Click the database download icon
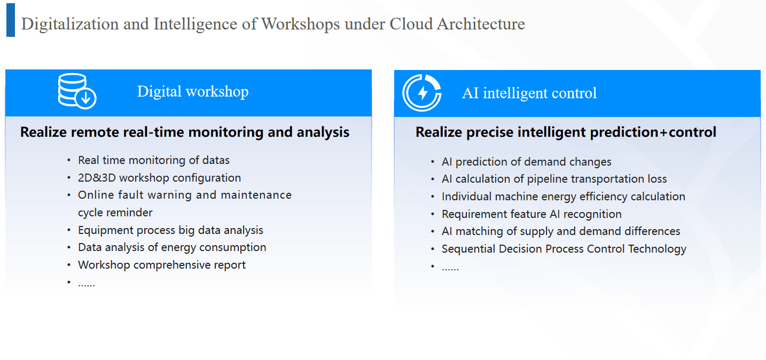click(x=77, y=91)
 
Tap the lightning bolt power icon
click(x=422, y=92)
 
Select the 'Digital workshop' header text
click(x=193, y=92)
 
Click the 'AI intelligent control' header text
click(x=529, y=93)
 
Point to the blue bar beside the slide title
click(x=11, y=20)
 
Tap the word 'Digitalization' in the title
click(x=70, y=24)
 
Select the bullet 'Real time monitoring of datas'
click(x=153, y=160)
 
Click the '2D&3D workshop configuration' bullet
click(x=159, y=178)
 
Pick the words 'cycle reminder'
click(x=115, y=213)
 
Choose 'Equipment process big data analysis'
click(x=170, y=230)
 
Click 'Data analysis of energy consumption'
click(x=172, y=247)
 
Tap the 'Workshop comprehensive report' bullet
click(x=162, y=265)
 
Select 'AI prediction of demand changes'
click(x=526, y=162)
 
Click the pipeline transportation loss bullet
click(x=554, y=179)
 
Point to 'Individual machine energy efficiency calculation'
click(x=564, y=197)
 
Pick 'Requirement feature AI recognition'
click(x=531, y=214)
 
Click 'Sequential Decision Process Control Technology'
click(x=564, y=249)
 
